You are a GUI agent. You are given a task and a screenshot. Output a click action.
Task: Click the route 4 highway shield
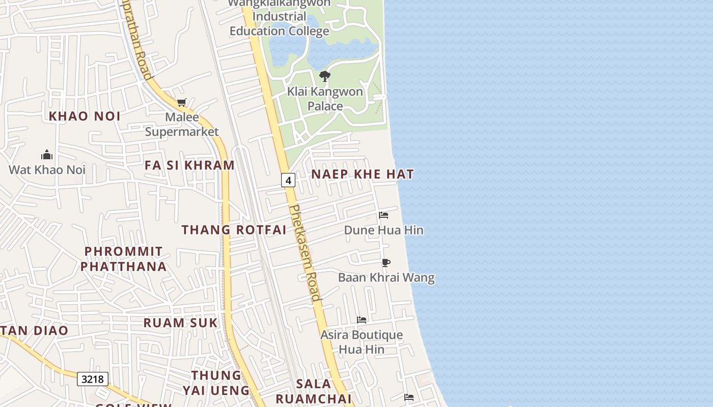tap(288, 180)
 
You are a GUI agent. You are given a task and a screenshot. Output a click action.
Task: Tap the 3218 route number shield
tap(93, 379)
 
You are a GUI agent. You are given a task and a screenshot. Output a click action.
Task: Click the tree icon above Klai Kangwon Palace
tap(324, 77)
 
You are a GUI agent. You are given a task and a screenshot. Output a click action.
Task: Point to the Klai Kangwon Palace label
tap(325, 99)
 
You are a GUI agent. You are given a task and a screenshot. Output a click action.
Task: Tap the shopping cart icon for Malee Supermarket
tap(182, 103)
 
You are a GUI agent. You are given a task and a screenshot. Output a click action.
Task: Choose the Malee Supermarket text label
tap(182, 125)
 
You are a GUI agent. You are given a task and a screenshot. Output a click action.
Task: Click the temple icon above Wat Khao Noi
tap(47, 155)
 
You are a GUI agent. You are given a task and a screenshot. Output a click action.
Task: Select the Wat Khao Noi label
tap(47, 169)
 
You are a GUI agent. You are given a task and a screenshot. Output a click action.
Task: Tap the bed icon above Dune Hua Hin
tap(383, 215)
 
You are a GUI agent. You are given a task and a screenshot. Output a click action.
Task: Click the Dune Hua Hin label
tap(383, 230)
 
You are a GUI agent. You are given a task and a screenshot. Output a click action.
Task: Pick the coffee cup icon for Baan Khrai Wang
tap(386, 263)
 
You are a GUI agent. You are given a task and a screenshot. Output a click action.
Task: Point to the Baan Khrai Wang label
tap(387, 278)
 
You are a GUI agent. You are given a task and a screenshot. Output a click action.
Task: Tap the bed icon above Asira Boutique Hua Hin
tap(362, 320)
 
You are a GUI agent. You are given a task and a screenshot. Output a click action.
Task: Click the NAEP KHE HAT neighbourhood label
tap(363, 174)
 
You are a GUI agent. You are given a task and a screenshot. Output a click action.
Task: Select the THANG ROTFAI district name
tap(234, 229)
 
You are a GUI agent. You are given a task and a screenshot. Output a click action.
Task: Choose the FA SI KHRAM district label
tap(189, 165)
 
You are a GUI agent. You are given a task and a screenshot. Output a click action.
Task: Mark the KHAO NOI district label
tap(85, 116)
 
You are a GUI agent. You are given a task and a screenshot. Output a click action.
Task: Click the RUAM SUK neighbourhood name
tap(180, 323)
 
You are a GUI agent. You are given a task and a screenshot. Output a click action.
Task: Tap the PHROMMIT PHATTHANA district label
tap(123, 259)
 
